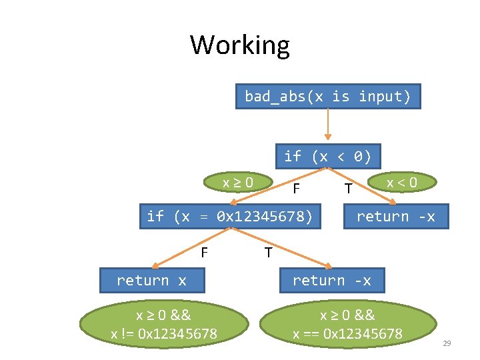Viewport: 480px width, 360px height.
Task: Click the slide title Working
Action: (240, 45)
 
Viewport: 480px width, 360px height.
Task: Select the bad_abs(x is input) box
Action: (327, 96)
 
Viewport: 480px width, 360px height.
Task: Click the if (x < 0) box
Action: (327, 156)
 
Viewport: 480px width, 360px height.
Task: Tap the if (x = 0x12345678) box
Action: (229, 216)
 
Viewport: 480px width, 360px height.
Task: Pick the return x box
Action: (151, 281)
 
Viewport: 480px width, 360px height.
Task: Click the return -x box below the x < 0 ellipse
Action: (395, 216)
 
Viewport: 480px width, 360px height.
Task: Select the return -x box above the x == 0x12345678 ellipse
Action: (331, 281)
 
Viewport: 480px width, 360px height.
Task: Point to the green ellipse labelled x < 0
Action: (402, 182)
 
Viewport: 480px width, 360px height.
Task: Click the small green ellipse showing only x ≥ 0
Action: (237, 182)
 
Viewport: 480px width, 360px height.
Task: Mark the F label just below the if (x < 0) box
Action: (296, 189)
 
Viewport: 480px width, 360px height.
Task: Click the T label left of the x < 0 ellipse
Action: (348, 189)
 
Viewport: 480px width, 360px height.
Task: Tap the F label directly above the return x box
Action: (205, 252)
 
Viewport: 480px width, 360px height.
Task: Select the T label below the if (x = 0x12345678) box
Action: (268, 253)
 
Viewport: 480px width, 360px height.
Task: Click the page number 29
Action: (447, 343)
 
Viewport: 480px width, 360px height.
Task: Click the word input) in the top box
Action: (385, 96)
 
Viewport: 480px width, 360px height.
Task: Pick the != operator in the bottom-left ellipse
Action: (126, 333)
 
